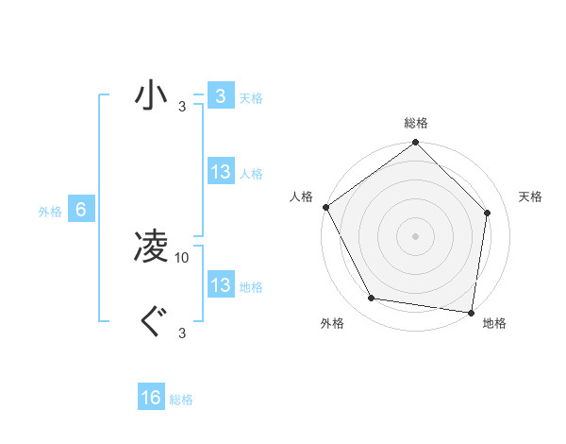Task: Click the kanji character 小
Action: pos(151,95)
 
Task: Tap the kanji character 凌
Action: pos(151,248)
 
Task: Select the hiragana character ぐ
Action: pos(151,322)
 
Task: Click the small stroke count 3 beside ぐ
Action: pos(182,333)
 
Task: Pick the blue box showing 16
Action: pos(151,398)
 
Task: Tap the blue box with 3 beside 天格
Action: pos(220,96)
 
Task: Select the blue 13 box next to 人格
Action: pos(220,173)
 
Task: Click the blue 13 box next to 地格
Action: pos(220,285)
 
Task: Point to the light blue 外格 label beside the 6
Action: pos(50,212)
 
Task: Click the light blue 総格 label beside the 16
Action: pos(181,400)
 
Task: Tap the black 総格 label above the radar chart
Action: pos(416,123)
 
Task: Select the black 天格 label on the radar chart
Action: pos(531,196)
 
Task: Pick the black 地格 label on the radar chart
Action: pos(494,324)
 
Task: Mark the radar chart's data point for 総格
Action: pos(416,144)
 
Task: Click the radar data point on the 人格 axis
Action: pos(325,207)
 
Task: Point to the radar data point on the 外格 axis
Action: pos(372,299)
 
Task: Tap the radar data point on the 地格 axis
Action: pos(471,312)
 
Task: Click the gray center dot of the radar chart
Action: pos(416,235)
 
